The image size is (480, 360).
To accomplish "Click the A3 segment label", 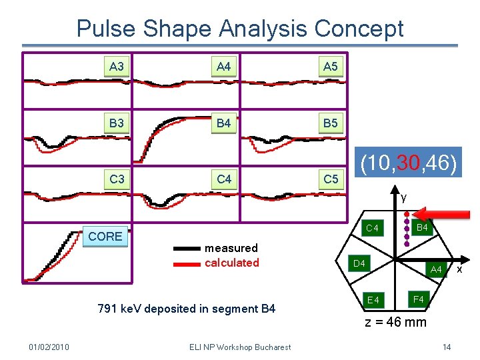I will [x=117, y=66].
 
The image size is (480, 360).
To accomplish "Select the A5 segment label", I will [x=330, y=66].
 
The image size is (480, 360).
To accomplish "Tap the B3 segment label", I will [x=117, y=123].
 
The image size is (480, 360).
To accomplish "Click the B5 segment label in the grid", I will [x=330, y=123].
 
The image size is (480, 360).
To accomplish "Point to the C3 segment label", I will [x=117, y=179].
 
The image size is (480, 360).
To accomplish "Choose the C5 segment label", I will [x=331, y=179].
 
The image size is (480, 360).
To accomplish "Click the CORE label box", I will [x=105, y=237].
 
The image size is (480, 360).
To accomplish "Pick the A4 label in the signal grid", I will [x=223, y=66].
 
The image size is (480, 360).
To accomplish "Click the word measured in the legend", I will [x=231, y=248].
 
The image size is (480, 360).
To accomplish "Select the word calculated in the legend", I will [x=232, y=263].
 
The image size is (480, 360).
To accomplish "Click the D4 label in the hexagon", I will [x=359, y=264].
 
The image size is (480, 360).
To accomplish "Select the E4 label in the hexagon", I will [x=373, y=300].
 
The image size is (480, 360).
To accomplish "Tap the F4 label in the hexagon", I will [x=419, y=299].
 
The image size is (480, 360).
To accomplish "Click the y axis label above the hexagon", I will [x=403, y=198].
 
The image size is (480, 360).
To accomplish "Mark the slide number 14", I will [x=447, y=347].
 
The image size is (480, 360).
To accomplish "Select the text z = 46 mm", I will [x=395, y=323].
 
